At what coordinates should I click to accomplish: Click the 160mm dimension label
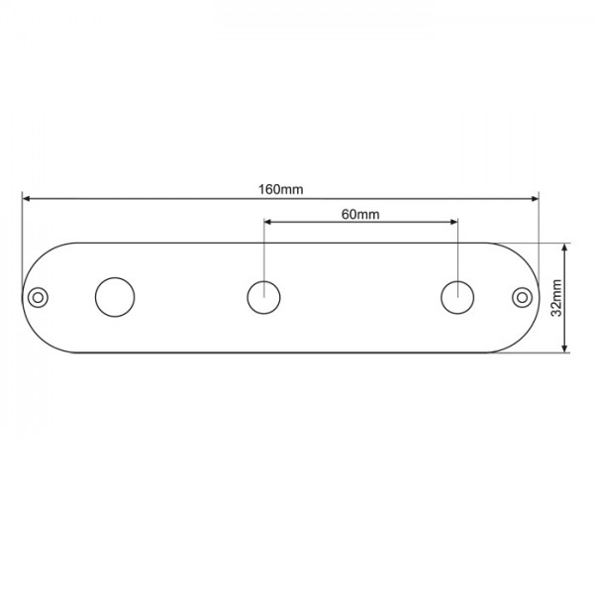tap(280, 189)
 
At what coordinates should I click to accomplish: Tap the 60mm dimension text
tap(360, 213)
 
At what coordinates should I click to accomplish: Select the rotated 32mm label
tap(556, 296)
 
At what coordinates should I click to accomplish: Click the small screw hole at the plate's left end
tap(39, 296)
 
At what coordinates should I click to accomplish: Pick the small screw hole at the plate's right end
tap(523, 296)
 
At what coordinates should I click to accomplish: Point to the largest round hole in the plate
tap(115, 297)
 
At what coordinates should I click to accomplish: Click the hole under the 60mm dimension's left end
tap(263, 297)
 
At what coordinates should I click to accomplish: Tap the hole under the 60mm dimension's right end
tap(457, 297)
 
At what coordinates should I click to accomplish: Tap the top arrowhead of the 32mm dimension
tap(564, 248)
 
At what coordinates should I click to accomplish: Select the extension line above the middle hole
tap(263, 252)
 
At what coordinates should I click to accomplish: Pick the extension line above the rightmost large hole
tap(457, 252)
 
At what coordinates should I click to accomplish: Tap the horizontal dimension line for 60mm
tap(360, 224)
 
